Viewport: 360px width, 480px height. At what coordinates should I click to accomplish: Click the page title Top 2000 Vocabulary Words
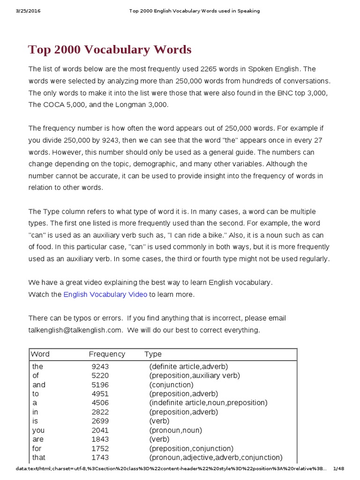110,50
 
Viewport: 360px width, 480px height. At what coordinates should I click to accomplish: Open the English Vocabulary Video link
105,294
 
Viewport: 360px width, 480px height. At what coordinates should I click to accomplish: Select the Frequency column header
107,354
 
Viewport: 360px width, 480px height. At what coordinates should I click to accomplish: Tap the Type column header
153,354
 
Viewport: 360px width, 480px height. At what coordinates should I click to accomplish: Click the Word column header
40,354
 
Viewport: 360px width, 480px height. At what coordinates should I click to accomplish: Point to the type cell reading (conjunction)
171,385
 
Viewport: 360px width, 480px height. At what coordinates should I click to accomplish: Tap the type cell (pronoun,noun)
175,430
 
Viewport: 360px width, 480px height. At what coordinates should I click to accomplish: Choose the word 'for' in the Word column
37,448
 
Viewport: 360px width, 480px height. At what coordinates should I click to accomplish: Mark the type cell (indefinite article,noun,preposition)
208,403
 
